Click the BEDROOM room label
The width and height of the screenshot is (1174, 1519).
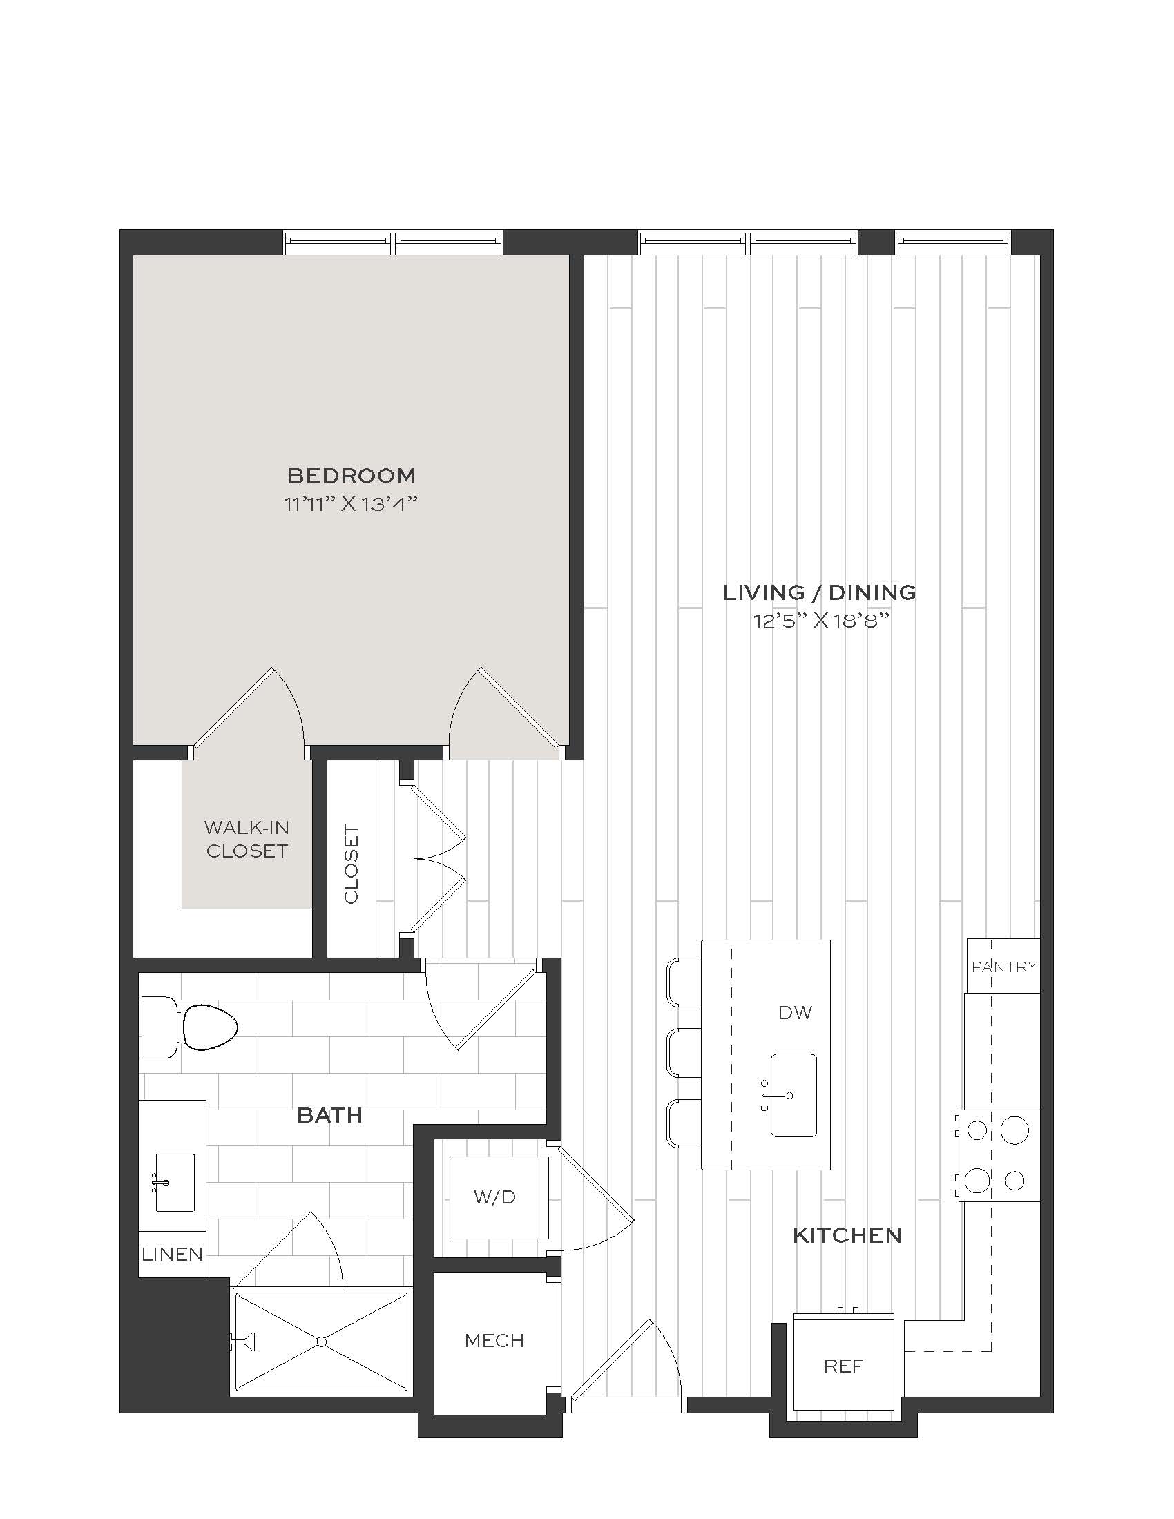(352, 476)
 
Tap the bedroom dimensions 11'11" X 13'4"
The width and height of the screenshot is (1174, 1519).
(351, 503)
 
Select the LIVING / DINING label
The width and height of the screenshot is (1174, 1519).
(820, 592)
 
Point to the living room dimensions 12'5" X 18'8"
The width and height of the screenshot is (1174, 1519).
(821, 621)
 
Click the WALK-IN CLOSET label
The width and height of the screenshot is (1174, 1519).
(247, 839)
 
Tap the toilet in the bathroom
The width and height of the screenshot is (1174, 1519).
(189, 1027)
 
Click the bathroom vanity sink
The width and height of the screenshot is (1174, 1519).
(175, 1182)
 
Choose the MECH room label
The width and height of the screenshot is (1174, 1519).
(494, 1340)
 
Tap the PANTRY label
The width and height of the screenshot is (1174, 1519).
(1003, 966)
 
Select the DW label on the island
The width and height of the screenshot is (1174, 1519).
(795, 1013)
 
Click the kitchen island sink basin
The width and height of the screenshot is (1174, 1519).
(793, 1095)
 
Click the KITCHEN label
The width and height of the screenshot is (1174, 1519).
(847, 1235)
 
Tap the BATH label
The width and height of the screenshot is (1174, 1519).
(329, 1115)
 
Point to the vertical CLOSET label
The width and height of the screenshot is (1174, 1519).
(352, 864)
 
